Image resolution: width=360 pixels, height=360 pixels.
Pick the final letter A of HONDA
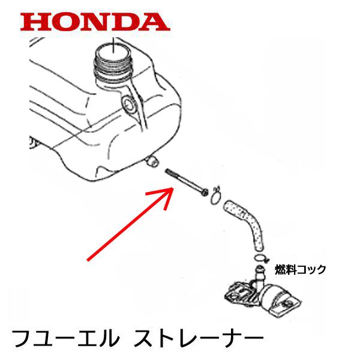coord(154,22)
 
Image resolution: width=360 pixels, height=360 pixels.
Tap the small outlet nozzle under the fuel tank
coord(152,161)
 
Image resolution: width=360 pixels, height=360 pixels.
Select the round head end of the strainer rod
coord(205,193)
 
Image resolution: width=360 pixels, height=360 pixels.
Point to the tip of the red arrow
coord(173,188)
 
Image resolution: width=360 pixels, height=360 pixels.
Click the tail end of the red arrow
coord(88,260)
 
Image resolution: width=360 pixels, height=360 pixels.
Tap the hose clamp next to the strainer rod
coord(216,196)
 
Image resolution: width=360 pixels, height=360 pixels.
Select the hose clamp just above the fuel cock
coord(261,258)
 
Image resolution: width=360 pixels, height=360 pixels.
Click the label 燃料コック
coord(301,269)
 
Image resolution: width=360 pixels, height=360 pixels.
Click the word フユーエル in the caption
coord(66,338)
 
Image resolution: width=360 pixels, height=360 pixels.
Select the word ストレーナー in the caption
coord(199,338)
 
